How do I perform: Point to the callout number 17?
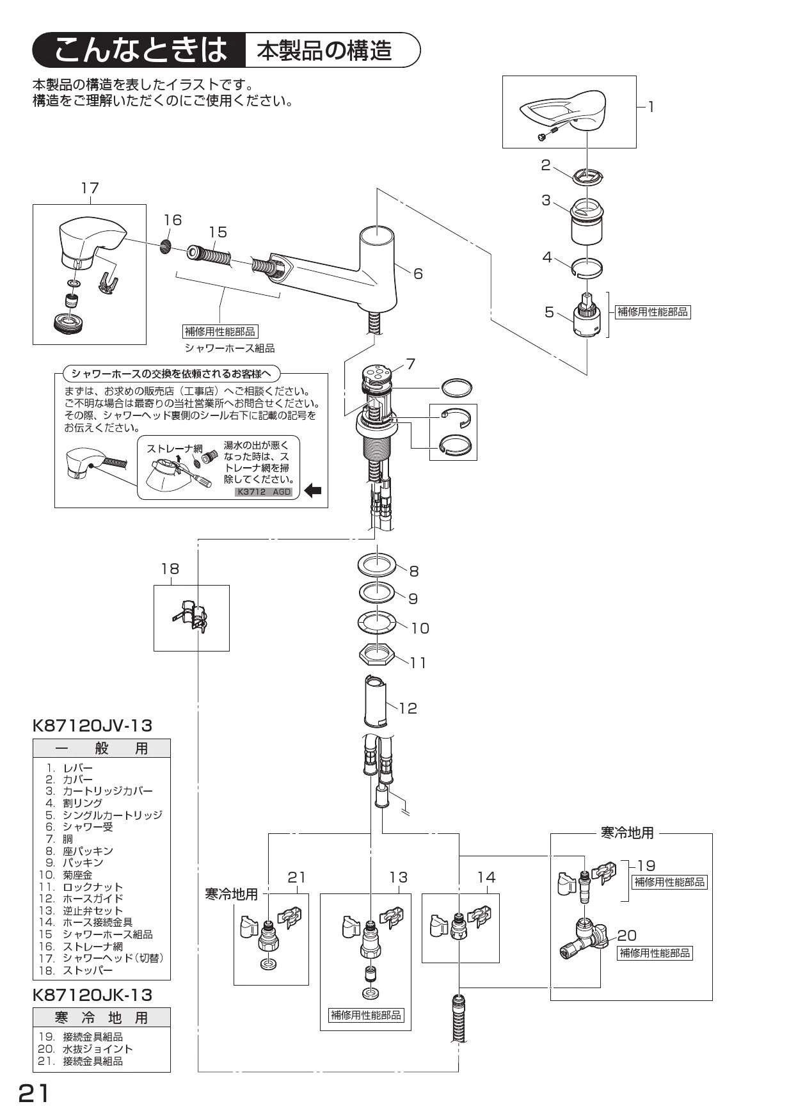pos(90,188)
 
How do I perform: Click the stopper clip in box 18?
pos(191,618)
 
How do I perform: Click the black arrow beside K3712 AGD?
pos(313,492)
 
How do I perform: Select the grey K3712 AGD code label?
pos(264,492)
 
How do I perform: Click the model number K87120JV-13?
pos(92,726)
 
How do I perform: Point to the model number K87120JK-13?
pos(92,995)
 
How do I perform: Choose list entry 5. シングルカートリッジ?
pos(103,815)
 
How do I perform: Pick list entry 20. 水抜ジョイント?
pos(85,1048)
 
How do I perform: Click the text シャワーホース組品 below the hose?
pos(230,348)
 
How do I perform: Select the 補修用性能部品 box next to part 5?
pos(653,312)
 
